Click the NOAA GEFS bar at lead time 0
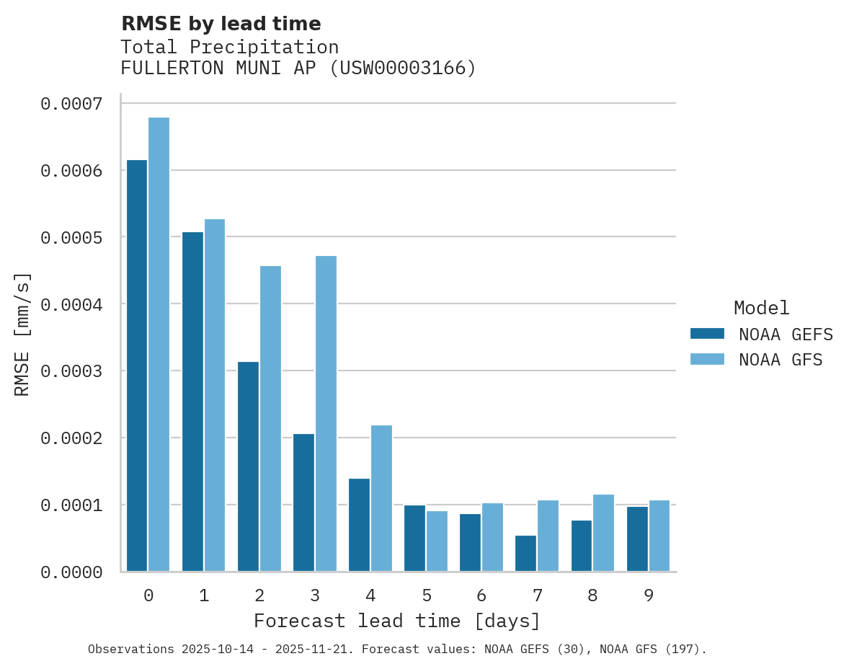137,365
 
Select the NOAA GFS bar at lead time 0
159,345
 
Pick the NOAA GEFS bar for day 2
248,466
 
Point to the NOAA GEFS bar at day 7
526,554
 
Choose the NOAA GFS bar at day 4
381,498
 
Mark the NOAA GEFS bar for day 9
637,539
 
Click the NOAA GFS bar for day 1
215,395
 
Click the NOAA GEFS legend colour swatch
707,334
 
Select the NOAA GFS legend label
781,360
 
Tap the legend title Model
761,308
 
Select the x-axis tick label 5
427,595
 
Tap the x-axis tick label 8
593,595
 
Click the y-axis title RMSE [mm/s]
22,334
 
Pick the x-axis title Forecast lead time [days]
397,621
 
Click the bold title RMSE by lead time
221,24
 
